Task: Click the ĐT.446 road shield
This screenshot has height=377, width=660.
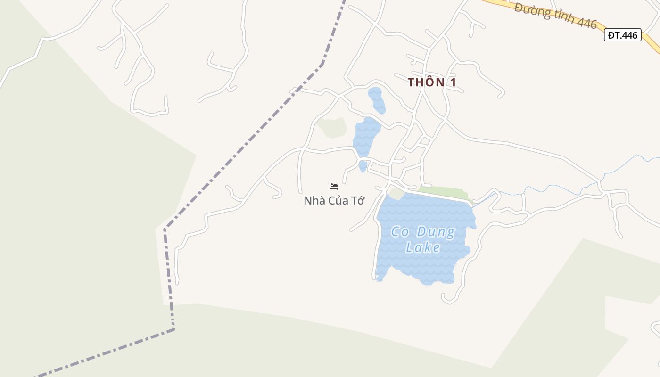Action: coord(622,35)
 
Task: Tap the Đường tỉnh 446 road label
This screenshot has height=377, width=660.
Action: coord(555,16)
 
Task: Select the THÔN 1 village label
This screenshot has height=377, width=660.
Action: coord(432,82)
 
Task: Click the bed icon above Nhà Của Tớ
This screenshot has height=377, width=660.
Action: coord(334,187)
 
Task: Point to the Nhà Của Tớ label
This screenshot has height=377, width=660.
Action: coord(334,201)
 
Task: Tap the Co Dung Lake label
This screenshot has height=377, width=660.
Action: coord(423,239)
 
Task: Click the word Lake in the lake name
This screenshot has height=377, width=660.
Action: coord(423,247)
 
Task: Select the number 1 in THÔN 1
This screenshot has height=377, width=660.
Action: coord(453,82)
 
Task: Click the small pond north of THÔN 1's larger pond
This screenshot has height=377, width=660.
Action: coord(377,100)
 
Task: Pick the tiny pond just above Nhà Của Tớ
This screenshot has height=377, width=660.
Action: coord(363,166)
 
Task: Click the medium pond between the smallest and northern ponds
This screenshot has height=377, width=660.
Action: coord(366,137)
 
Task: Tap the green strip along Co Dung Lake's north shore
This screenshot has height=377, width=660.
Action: coord(443,192)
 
